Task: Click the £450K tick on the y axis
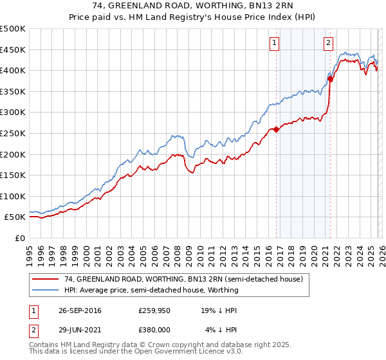(x=13, y=50)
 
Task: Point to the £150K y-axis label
(x=13, y=175)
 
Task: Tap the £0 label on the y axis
(x=20, y=238)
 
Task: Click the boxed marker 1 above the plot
(x=274, y=43)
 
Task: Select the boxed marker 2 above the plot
(x=328, y=43)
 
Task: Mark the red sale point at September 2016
(x=276, y=129)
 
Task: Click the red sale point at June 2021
(x=330, y=79)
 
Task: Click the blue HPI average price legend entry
(x=151, y=290)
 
